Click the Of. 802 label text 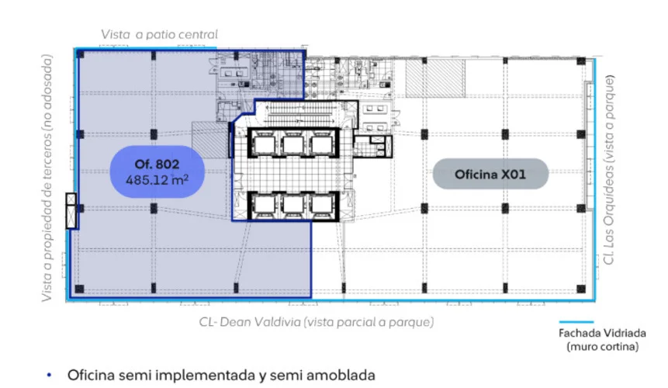tap(157, 164)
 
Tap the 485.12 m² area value tap(157, 180)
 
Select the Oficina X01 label tap(490, 174)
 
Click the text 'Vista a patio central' tap(159, 34)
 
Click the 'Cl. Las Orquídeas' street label tap(610, 212)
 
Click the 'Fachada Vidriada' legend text tap(602, 333)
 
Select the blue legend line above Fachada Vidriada tap(576, 322)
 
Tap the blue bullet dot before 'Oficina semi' tap(50, 376)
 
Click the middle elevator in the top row tap(293, 144)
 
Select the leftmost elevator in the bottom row tap(265, 206)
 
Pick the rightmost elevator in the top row tap(322, 144)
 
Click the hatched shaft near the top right tap(435, 78)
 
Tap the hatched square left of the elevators tap(209, 140)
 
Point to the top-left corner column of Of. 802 tap(80, 54)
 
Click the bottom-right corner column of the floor tap(581, 289)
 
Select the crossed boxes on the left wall tap(71, 211)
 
